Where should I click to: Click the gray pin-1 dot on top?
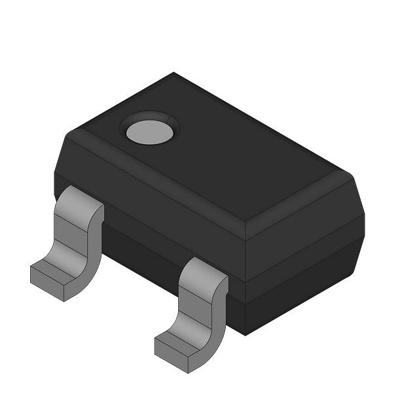tap(150, 131)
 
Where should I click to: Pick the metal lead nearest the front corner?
tap(196, 308)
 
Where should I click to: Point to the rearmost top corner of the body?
tap(174, 73)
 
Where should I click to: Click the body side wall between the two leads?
tap(141, 246)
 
